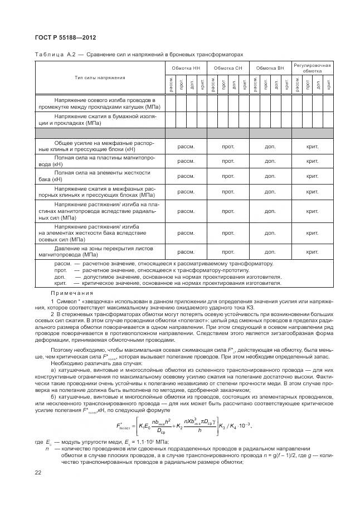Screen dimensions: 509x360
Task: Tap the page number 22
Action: coord(38,473)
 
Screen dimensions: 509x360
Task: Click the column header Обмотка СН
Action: coord(227,68)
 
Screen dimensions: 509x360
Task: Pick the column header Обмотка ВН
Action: coord(270,68)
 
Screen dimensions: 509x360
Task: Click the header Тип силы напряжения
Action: coord(98,77)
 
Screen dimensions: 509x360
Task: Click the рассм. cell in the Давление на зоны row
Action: coord(186,251)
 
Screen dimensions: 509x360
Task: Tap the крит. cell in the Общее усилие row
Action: coord(312,146)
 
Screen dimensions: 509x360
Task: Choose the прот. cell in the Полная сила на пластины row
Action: coord(228,161)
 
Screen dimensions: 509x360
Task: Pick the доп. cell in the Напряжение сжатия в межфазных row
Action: coord(270,192)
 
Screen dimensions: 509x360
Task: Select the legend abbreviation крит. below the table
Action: coord(61,283)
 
